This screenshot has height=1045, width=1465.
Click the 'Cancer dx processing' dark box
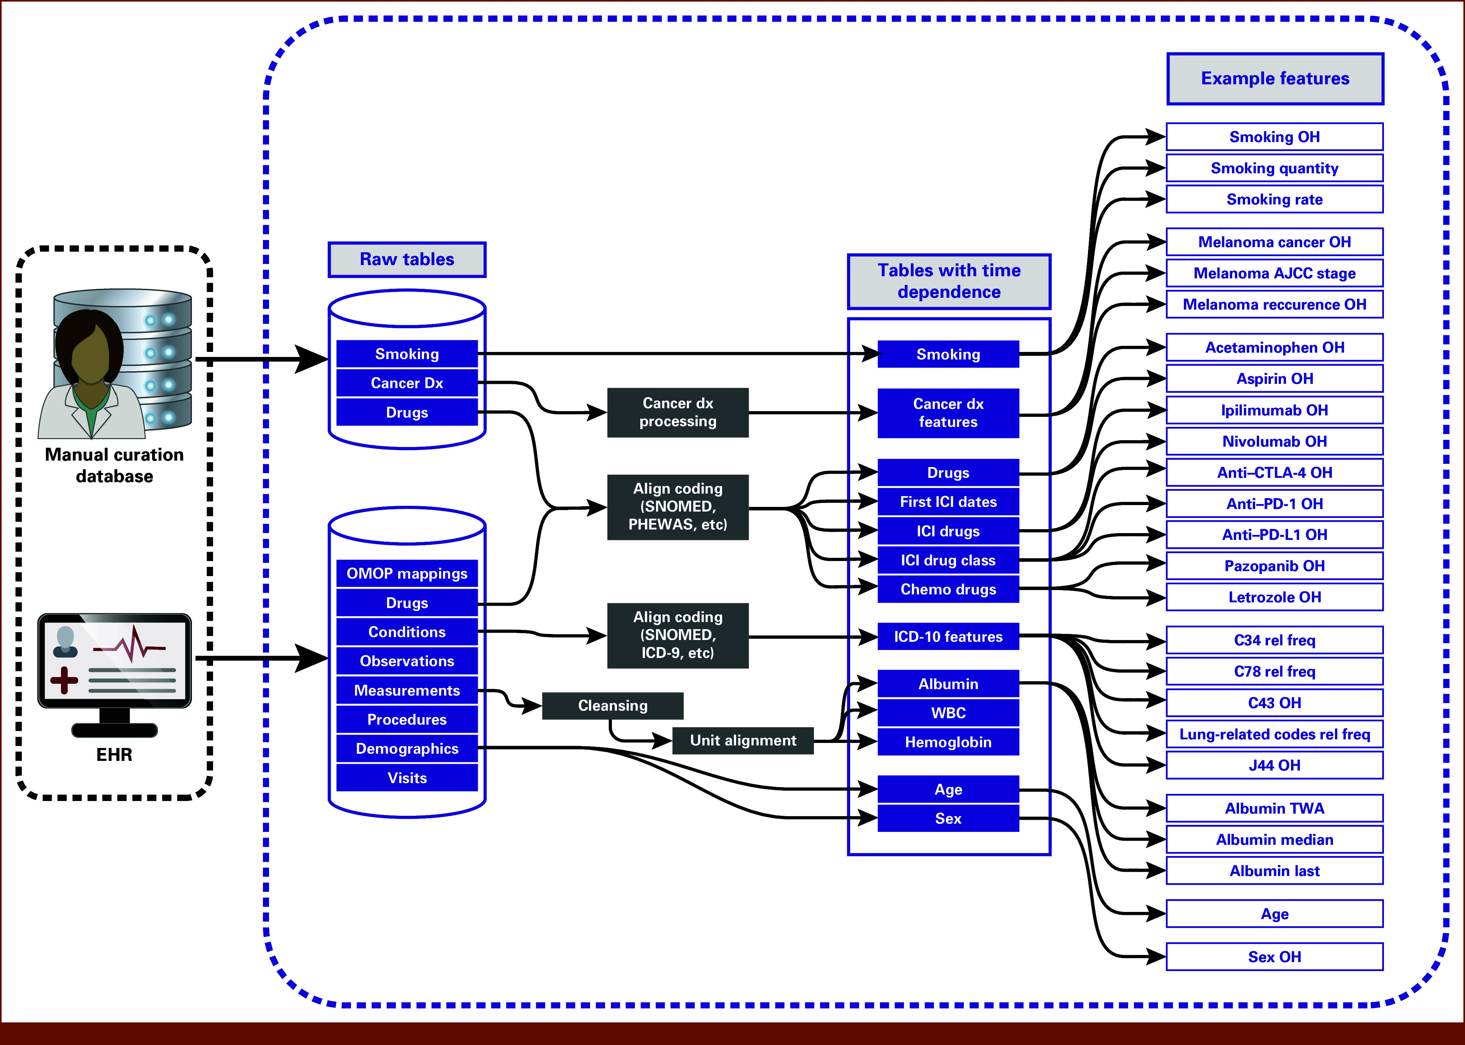pyautogui.click(x=678, y=413)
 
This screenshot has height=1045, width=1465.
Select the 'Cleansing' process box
pyautogui.click(x=612, y=706)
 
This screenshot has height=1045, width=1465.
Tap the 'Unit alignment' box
pyautogui.click(x=743, y=741)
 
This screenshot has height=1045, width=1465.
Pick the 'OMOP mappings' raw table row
pyautogui.click(x=407, y=573)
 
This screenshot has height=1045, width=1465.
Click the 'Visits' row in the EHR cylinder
pyautogui.click(x=407, y=778)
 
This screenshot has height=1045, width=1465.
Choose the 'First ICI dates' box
pyautogui.click(x=948, y=502)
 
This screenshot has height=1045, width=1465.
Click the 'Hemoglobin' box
pyautogui.click(x=948, y=742)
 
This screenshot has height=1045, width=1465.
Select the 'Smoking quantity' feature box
pyautogui.click(x=1275, y=168)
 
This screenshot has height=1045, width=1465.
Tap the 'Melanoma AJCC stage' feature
pyautogui.click(x=1275, y=273)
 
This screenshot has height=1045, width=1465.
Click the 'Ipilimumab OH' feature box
pyautogui.click(x=1275, y=410)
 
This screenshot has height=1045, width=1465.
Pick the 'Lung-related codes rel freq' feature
pyautogui.click(x=1275, y=734)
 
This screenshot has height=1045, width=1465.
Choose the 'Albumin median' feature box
pyautogui.click(x=1275, y=840)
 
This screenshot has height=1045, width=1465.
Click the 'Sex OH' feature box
pyautogui.click(x=1275, y=957)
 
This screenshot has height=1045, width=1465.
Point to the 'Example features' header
pyautogui.click(x=1275, y=79)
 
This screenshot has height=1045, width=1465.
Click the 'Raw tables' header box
pyautogui.click(x=407, y=259)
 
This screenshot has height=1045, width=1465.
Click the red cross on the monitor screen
pyautogui.click(x=64, y=680)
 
